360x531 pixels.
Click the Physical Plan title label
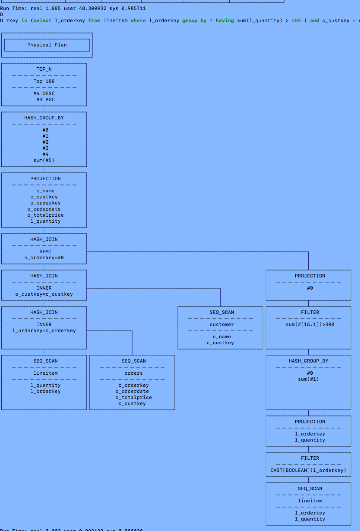(47, 45)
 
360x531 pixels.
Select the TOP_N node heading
(44, 69)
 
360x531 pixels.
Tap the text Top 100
(44, 81)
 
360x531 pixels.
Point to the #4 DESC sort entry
(44, 93)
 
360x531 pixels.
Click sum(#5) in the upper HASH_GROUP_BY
(44, 160)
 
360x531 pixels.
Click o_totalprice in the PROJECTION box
(45, 215)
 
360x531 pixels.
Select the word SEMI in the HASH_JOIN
(45, 251)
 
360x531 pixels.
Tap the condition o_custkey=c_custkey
(44, 294)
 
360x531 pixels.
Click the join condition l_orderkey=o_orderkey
(44, 330)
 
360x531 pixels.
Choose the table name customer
(221, 324)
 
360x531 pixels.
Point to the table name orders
(133, 373)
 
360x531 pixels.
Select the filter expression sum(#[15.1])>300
(310, 324)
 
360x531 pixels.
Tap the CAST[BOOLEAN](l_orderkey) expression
(308, 470)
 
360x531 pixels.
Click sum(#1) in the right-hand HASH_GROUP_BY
(308, 379)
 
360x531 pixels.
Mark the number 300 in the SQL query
(296, 20)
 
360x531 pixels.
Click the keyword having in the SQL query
(225, 20)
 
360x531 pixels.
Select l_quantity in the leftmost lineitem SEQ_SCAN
(45, 385)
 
